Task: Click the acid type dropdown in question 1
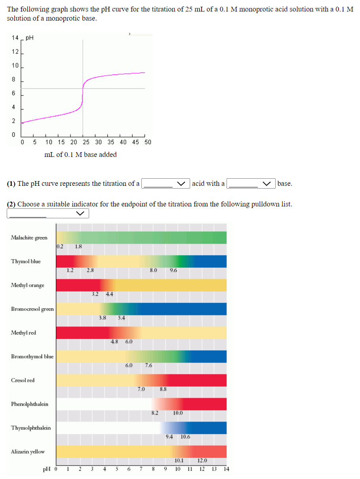click(x=166, y=183)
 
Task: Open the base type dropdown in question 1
click(x=251, y=183)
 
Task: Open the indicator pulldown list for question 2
click(x=48, y=214)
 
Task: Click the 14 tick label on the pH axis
click(x=15, y=38)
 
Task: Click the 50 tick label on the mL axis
click(x=148, y=142)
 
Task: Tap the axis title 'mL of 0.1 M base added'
click(x=80, y=155)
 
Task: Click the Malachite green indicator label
click(x=29, y=238)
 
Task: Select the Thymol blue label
click(x=26, y=261)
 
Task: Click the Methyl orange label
click(x=27, y=285)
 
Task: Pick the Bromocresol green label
click(x=32, y=309)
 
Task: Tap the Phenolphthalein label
click(x=30, y=404)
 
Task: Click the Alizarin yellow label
click(x=28, y=452)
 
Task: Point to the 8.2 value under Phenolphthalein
click(x=155, y=413)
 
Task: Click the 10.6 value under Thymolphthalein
click(x=185, y=437)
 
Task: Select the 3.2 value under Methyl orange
click(x=95, y=294)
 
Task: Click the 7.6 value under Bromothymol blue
click(x=149, y=365)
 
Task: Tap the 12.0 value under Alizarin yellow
click(x=202, y=460)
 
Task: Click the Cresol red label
click(x=23, y=380)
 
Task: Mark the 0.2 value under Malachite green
click(x=59, y=246)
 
